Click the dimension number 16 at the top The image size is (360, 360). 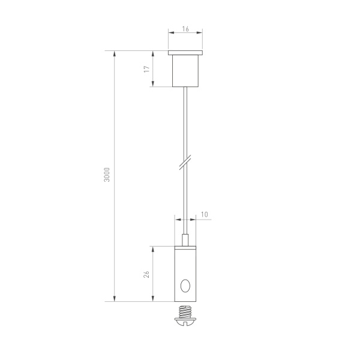(186, 28)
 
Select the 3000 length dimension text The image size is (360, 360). (106, 175)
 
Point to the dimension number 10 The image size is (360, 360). (204, 214)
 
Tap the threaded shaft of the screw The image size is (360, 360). (187, 311)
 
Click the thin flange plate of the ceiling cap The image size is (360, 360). (187, 53)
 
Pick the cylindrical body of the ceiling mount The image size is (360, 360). (187, 71)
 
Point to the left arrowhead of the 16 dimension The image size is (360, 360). (171, 34)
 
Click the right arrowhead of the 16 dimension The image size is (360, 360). (202, 34)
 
